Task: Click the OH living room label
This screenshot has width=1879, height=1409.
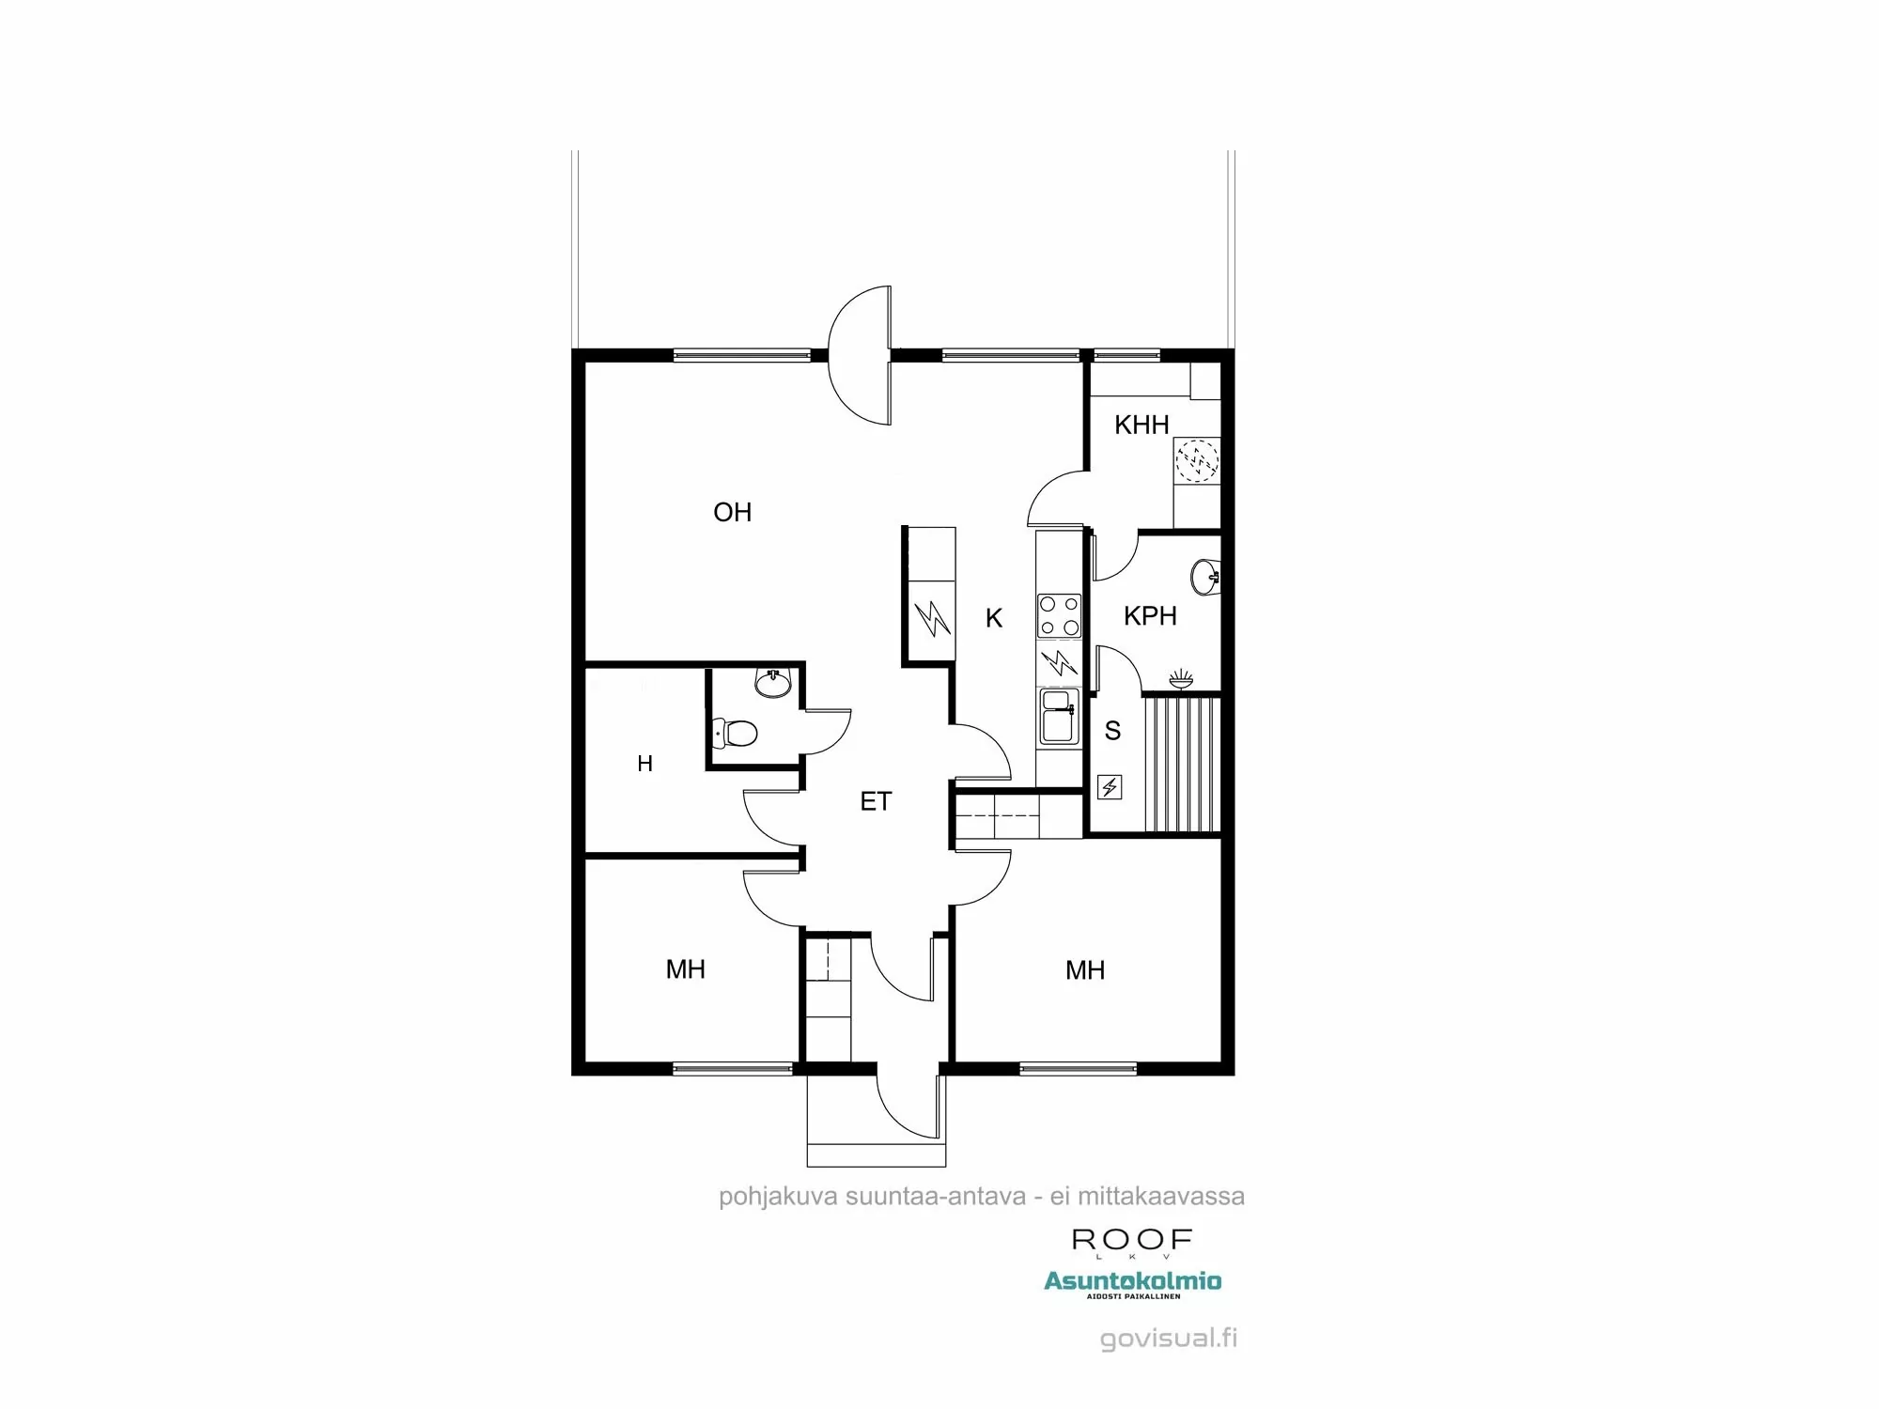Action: [x=732, y=512]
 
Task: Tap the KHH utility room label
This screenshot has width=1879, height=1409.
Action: [x=1141, y=425]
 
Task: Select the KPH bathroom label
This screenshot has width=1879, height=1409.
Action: [x=1150, y=616]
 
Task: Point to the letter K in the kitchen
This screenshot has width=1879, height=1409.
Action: [x=994, y=618]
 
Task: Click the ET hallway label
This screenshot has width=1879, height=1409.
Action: [x=876, y=801]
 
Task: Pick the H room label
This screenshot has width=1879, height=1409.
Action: [x=644, y=764]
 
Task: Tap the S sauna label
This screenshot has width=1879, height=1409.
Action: [x=1112, y=731]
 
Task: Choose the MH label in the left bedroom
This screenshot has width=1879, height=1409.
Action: [x=685, y=969]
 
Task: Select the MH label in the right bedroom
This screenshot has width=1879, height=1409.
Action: [x=1084, y=970]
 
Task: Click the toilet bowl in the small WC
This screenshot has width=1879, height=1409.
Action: [x=736, y=732]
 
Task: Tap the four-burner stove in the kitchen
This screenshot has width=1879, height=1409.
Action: [x=1059, y=616]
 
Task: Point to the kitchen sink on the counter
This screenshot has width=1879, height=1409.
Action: [x=1059, y=716]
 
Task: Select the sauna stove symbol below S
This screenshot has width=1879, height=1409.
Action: [x=1110, y=786]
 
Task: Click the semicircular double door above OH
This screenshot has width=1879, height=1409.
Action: [x=859, y=355]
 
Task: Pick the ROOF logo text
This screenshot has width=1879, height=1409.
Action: [x=1132, y=1241]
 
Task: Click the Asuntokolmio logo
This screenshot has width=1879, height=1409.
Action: [x=1132, y=1283]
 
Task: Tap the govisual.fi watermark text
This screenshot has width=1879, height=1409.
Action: [x=1168, y=1338]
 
